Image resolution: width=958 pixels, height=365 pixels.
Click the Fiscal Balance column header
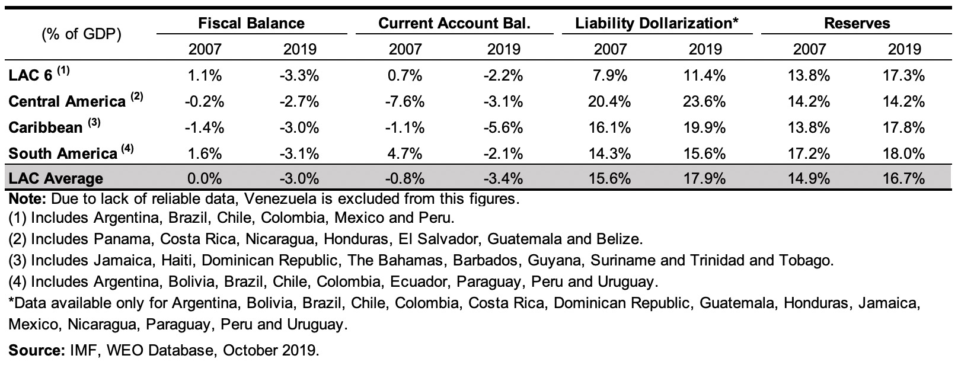point(251,23)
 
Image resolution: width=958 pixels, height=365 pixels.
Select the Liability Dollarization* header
point(656,23)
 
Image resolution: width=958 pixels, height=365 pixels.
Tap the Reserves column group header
point(857,23)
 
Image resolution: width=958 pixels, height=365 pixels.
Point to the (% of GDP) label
point(82,34)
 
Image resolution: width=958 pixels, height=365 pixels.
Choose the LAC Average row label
point(56,178)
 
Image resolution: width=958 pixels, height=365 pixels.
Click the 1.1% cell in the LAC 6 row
point(205,75)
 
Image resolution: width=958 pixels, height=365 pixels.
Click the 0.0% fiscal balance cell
point(205,178)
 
